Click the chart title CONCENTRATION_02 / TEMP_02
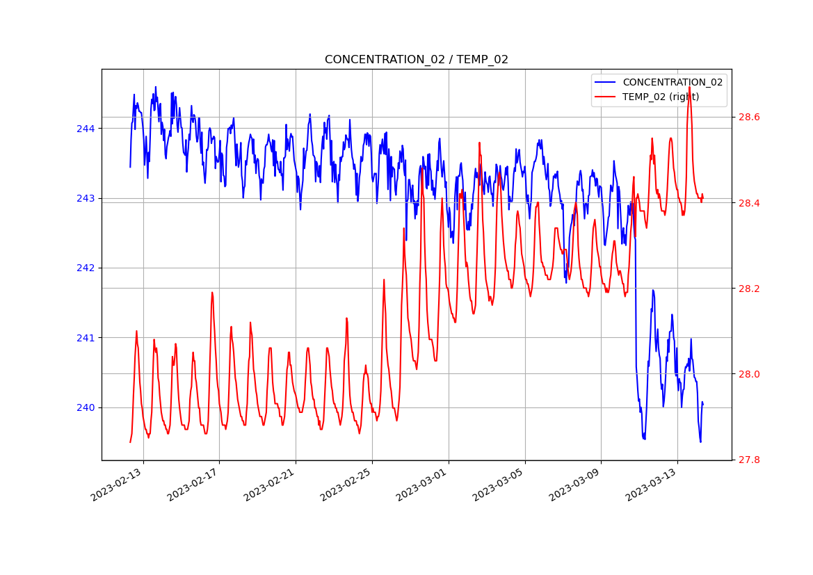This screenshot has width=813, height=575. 416,60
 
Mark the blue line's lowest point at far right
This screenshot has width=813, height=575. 700,442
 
